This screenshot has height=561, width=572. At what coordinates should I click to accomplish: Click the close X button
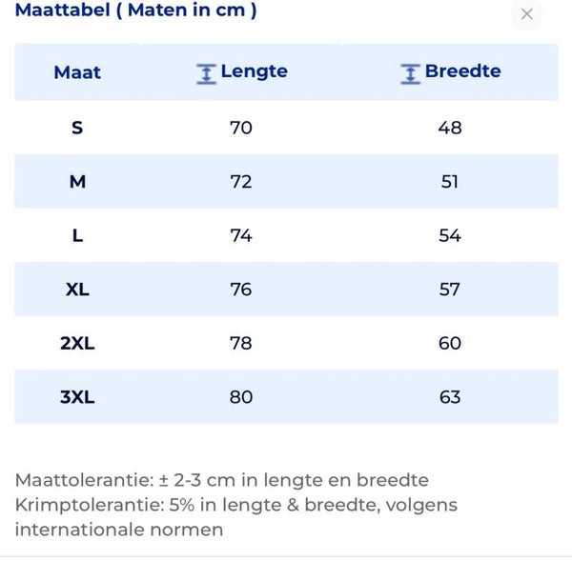coord(527,14)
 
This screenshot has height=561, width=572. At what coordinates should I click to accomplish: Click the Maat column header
coord(77,72)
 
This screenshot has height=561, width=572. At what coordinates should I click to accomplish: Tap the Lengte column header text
coord(254,71)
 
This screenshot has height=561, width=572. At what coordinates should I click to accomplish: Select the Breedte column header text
coord(462,71)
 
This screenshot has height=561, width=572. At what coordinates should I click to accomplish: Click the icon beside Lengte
coord(206,73)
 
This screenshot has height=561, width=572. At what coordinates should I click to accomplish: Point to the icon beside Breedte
coord(410,73)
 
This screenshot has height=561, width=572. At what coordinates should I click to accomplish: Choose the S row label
coord(77,127)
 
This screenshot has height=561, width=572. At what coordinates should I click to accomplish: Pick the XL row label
coord(77,289)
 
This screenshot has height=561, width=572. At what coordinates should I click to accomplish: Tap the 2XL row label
coord(77,343)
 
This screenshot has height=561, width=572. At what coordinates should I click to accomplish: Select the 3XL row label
coord(77,397)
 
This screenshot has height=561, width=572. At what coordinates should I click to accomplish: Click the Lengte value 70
coord(241,127)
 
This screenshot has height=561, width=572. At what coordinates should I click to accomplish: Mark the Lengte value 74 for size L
coord(241,235)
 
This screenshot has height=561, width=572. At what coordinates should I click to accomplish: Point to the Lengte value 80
coord(241,397)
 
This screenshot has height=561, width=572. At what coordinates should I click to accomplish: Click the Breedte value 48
coord(450,127)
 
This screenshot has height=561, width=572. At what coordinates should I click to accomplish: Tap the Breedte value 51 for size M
coord(450,181)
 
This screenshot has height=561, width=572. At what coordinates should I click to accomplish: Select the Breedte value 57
coord(450,289)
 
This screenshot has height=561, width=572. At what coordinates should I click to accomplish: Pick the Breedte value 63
coord(450,397)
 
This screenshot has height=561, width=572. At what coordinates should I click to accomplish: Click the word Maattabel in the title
coord(55,11)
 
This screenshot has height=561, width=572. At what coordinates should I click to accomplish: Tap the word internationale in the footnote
coord(79,530)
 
